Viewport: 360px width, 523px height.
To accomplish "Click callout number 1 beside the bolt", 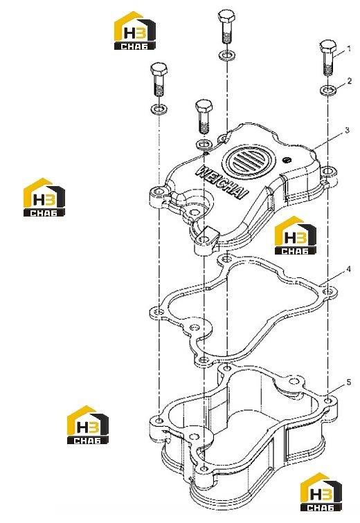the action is [349, 48].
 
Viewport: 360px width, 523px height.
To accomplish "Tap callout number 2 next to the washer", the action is [350, 81].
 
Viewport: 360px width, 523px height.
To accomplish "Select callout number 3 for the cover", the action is [347, 130].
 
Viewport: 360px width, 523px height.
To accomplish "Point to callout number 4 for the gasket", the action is [348, 269].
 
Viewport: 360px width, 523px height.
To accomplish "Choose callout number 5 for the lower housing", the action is [349, 383].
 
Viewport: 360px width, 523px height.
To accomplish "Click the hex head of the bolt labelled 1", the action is [328, 47].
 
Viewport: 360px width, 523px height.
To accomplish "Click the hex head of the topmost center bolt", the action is [226, 16].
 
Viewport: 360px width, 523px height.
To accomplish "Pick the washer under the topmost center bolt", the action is [227, 55].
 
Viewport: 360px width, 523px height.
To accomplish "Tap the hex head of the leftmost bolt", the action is [159, 69].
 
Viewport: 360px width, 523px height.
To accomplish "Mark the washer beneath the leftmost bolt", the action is [159, 109].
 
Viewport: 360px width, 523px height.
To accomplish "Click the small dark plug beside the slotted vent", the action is [286, 160].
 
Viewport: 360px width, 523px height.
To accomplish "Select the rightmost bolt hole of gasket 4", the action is [328, 291].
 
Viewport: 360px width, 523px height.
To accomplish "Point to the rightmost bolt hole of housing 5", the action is [328, 401].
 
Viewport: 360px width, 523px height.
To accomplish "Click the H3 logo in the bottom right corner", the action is [321, 493].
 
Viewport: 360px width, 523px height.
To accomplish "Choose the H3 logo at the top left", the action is [135, 30].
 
